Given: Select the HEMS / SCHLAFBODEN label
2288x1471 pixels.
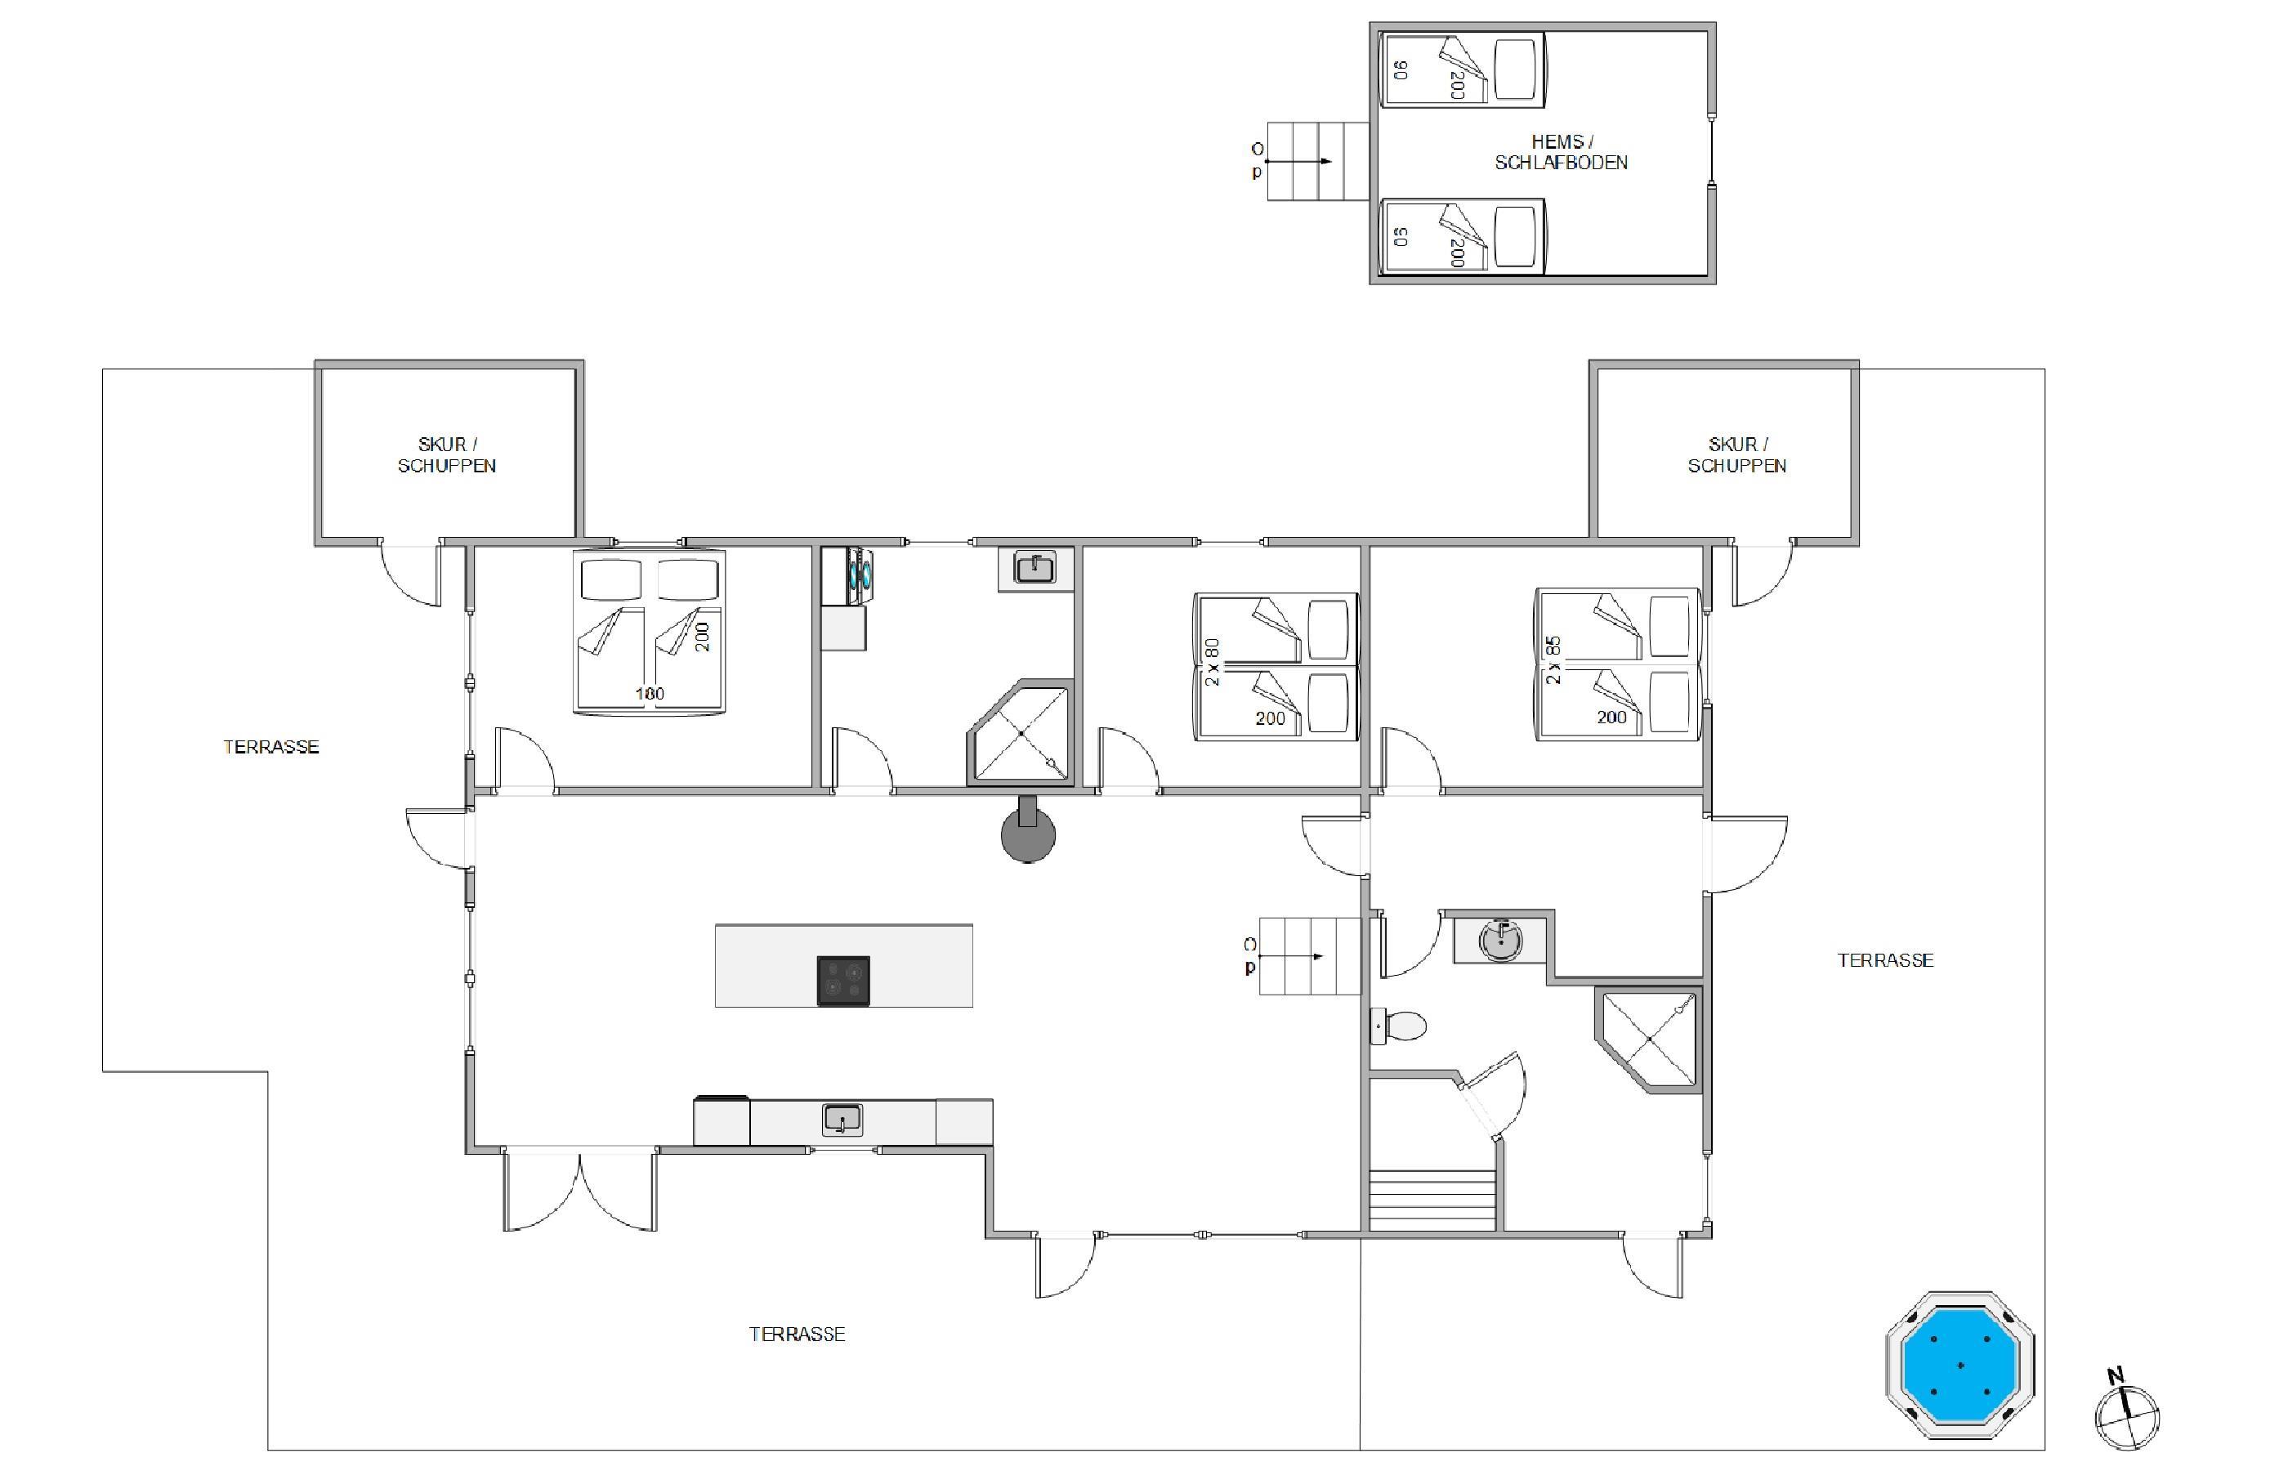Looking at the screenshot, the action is tap(1562, 153).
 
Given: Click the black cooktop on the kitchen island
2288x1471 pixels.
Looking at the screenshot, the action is tap(843, 980).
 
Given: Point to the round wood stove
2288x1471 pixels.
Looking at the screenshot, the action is tap(1027, 831).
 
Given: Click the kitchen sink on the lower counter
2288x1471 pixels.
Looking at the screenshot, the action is tap(842, 1120).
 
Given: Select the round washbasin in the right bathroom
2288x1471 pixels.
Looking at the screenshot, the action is tap(1500, 940).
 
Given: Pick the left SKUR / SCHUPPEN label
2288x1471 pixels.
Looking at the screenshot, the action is tap(447, 454).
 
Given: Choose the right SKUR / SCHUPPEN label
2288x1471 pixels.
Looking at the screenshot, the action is tap(1737, 454).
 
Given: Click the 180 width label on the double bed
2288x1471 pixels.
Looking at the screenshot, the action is tap(650, 694).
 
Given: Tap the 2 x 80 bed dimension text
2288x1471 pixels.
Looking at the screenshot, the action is tap(1213, 662).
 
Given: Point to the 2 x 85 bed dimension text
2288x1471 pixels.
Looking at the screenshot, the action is tap(1553, 660).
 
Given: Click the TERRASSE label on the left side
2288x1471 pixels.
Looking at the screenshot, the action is tap(271, 747).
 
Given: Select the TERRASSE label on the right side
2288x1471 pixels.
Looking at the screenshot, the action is tap(1885, 960).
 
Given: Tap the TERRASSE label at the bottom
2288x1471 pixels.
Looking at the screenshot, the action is tap(797, 1335).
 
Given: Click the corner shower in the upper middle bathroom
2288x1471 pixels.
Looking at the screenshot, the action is tap(1020, 732).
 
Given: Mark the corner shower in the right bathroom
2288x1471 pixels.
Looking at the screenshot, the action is tap(1649, 1040).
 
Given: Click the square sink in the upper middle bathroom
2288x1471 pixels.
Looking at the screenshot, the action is tap(1035, 568).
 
